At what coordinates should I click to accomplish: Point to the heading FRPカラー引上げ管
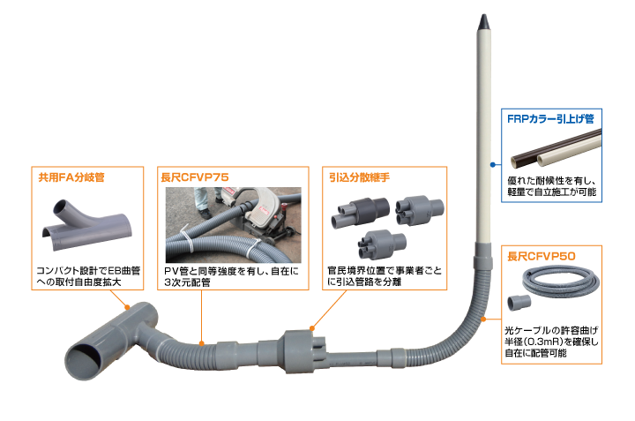[x=551, y=117]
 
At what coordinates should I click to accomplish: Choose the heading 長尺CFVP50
[x=542, y=256]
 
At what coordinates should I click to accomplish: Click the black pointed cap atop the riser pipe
[x=483, y=19]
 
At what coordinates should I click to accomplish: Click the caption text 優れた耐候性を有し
[x=554, y=179]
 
